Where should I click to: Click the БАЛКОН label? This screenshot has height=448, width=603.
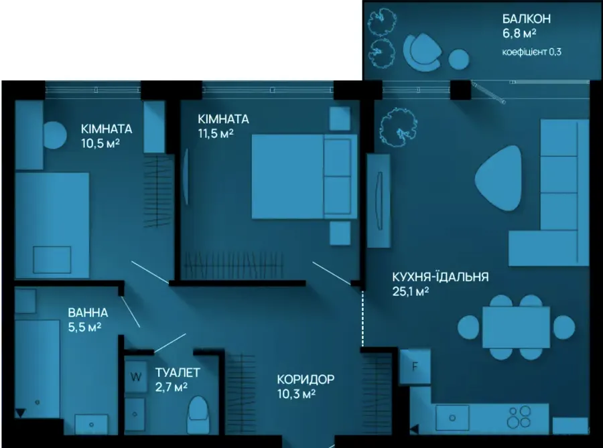tap(527, 19)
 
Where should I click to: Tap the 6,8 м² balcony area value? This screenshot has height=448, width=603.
tap(519, 33)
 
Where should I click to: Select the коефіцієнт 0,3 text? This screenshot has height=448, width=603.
tap(531, 52)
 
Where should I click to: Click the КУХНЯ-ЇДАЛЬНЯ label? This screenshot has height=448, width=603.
tap(440, 277)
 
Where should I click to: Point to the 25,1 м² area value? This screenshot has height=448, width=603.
tap(410, 291)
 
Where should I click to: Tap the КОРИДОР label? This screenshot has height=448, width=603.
tap(306, 380)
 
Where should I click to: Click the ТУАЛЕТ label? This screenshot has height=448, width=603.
tap(178, 372)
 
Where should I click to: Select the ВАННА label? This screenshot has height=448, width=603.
tap(88, 313)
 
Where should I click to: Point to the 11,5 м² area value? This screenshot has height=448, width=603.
tap(216, 134)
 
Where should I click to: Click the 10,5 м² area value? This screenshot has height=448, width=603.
tap(100, 143)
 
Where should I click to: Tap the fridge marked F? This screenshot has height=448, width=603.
tap(415, 366)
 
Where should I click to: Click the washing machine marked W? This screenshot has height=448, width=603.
tap(136, 376)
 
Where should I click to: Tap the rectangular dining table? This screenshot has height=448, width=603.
tap(516, 327)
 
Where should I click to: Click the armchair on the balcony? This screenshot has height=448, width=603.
tap(422, 52)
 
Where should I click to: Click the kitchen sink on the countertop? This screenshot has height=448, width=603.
tap(452, 418)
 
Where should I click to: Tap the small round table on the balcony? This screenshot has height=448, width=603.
tap(459, 60)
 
